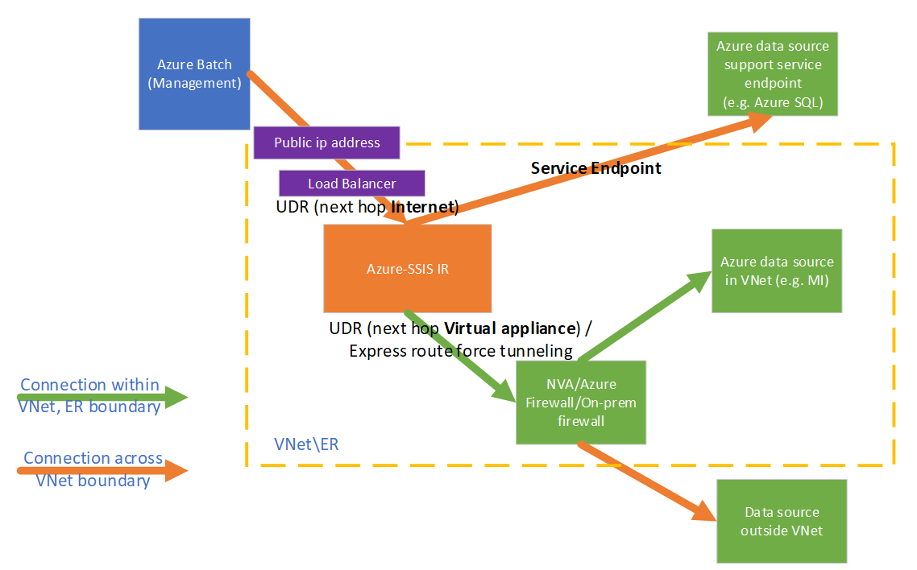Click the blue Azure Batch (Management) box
click(194, 73)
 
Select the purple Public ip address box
click(326, 142)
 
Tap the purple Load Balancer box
click(351, 184)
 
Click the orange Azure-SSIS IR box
click(407, 268)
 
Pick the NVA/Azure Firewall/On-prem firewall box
click(580, 402)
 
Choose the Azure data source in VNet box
click(776, 271)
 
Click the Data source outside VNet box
click(781, 521)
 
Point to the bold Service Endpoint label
click(595, 168)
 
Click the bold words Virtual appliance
click(511, 329)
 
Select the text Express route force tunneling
click(460, 351)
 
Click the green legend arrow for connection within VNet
click(105, 396)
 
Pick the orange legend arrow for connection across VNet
click(105, 470)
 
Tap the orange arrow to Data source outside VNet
click(645, 480)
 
